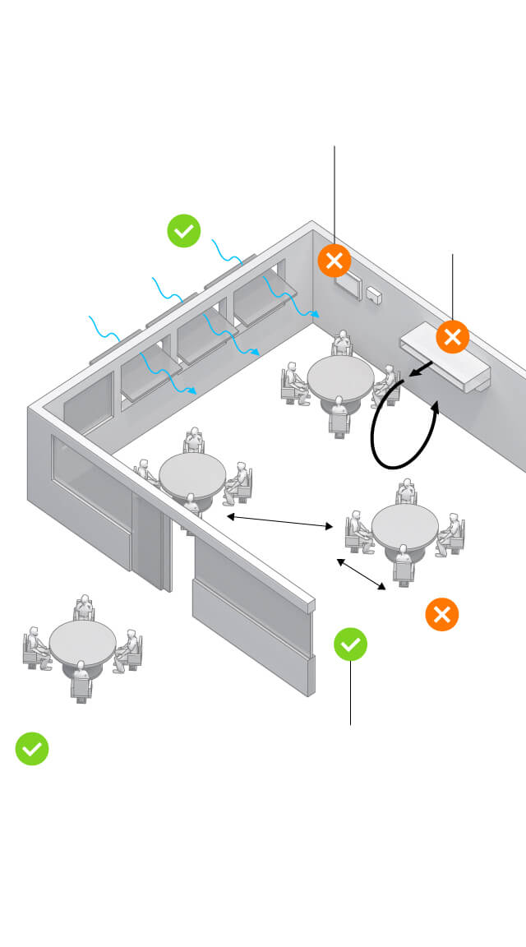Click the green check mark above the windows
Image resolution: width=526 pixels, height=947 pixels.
pyautogui.click(x=184, y=230)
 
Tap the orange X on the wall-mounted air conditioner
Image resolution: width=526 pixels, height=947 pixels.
pyautogui.click(x=452, y=336)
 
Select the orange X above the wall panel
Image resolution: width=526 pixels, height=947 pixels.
pyautogui.click(x=335, y=261)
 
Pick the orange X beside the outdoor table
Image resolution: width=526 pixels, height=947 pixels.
pyautogui.click(x=441, y=614)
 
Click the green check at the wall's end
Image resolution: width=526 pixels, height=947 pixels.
pyautogui.click(x=351, y=644)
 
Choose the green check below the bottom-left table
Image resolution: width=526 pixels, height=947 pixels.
pyautogui.click(x=32, y=748)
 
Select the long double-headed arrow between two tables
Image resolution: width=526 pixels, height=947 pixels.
pyautogui.click(x=279, y=521)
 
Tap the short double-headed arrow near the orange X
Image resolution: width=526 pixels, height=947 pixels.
pyautogui.click(x=361, y=575)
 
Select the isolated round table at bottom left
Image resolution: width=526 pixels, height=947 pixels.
pyautogui.click(x=82, y=640)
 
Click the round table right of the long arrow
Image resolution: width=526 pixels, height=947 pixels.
pyautogui.click(x=405, y=524)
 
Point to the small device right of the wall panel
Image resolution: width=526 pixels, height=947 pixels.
pyautogui.click(x=376, y=294)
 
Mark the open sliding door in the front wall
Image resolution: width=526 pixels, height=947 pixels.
pyautogui.click(x=153, y=538)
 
